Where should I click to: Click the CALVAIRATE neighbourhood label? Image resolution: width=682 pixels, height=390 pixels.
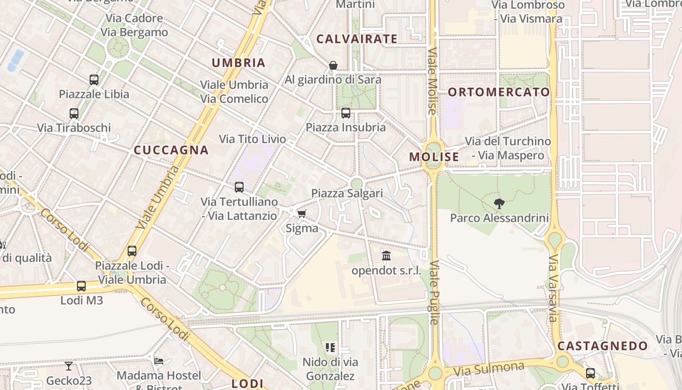(357, 39)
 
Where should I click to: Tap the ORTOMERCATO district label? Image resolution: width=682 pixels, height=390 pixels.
(498, 92)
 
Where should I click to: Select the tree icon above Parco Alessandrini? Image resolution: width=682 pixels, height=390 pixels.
(499, 203)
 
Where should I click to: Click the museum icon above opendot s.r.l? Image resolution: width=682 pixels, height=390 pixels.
(386, 255)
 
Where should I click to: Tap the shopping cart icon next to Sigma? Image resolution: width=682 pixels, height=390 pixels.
(302, 214)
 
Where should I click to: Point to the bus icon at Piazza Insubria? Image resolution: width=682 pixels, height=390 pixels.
(346, 113)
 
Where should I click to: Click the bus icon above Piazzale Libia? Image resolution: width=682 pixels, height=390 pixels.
(94, 79)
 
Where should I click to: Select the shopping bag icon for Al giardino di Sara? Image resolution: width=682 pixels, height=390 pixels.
(333, 65)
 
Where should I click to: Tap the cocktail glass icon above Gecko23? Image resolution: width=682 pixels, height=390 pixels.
(68, 366)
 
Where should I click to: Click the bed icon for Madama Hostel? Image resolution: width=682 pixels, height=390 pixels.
(159, 361)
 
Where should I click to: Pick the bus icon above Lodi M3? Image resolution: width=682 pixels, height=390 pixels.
(81, 286)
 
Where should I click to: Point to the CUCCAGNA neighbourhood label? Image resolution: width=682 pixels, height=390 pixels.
(171, 150)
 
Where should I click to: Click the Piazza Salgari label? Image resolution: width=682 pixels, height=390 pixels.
(347, 194)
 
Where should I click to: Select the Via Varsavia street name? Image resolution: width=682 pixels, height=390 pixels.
(552, 288)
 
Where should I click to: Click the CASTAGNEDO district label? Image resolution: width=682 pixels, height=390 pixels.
(603, 346)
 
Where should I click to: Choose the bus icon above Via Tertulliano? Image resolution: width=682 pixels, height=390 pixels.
(239, 187)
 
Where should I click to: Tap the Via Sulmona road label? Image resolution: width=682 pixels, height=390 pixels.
(489, 369)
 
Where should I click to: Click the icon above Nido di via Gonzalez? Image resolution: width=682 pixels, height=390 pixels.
(330, 348)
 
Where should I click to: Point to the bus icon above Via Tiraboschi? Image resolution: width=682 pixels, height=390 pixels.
(74, 114)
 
